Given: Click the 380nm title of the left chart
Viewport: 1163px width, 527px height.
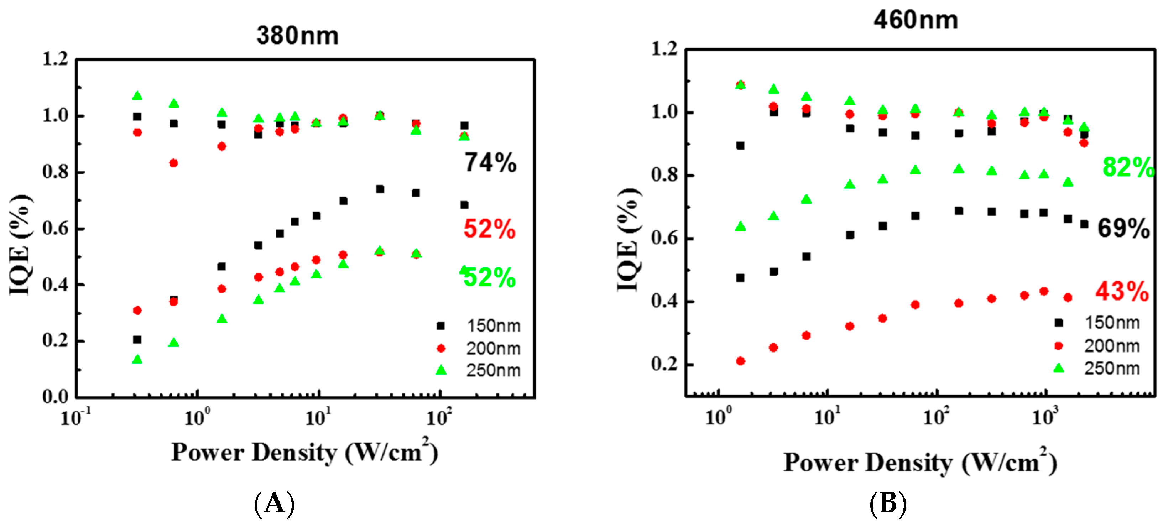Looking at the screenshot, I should coord(297,36).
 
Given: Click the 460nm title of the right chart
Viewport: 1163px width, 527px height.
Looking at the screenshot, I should coord(915,20).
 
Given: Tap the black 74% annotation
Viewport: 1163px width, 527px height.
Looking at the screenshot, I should coord(490,163).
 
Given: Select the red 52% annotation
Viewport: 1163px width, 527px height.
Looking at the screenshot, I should coord(489,229).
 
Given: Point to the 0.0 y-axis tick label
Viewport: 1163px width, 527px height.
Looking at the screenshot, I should coord(55,397).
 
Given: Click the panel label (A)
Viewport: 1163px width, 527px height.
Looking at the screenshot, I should coord(274,503).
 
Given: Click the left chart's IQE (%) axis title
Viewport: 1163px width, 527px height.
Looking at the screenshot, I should coord(21,245).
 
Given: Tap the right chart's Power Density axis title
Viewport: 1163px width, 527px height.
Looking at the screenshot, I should coord(920,463).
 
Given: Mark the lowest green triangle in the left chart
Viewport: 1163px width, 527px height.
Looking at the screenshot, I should coord(137,359).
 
